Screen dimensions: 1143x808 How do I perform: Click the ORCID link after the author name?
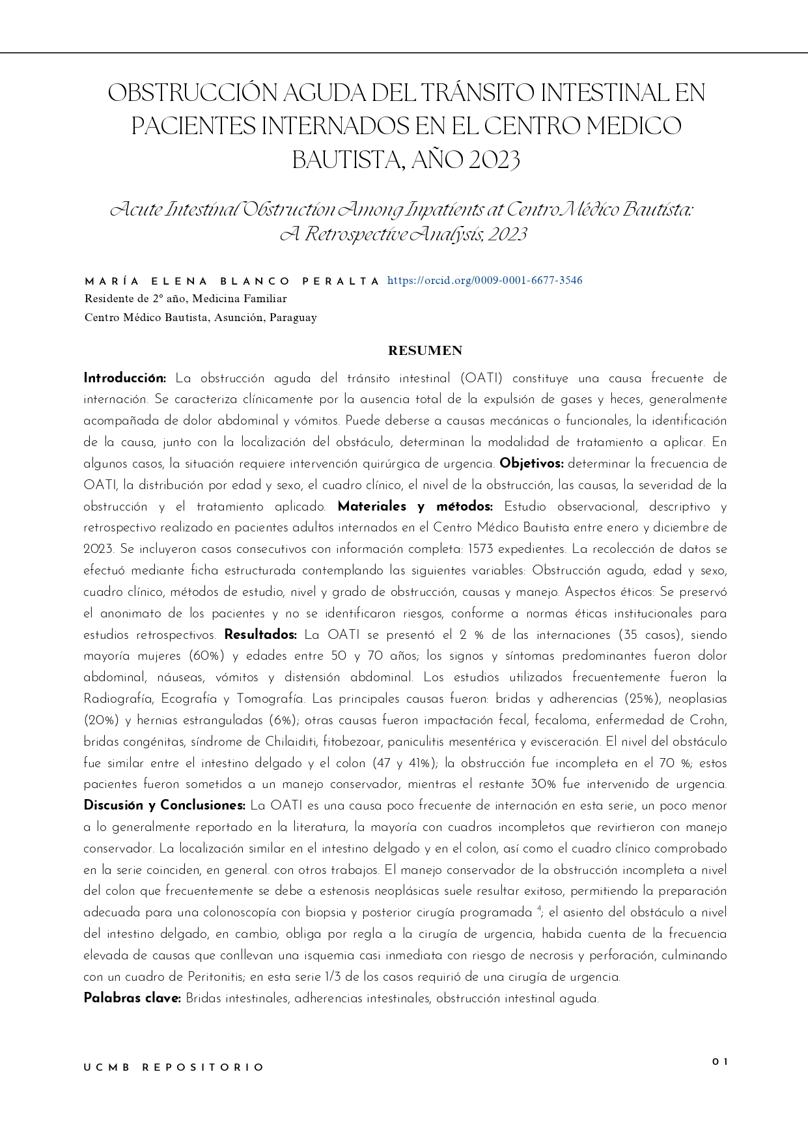click(x=484, y=281)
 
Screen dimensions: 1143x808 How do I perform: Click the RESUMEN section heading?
click(x=425, y=351)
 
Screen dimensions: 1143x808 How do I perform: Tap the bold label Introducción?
click(x=125, y=378)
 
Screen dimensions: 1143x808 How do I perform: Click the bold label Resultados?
click(x=260, y=635)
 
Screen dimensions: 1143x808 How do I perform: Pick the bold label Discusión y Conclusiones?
click(x=164, y=806)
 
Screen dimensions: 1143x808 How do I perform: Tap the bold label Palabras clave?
click(x=132, y=998)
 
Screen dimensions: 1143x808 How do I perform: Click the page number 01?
click(x=719, y=1062)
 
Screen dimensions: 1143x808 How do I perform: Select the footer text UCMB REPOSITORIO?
click(x=174, y=1067)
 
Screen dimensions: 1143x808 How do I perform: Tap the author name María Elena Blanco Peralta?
click(x=232, y=281)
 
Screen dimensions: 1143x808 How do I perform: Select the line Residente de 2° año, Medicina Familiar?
click(x=186, y=299)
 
